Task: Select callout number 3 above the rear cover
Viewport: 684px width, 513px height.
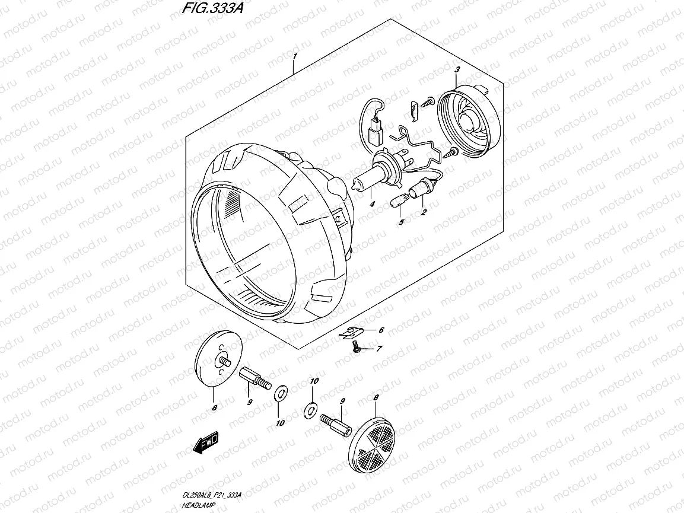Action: (457, 71)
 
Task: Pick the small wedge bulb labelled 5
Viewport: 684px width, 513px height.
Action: (398, 203)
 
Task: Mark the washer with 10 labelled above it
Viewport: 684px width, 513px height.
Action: (310, 409)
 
